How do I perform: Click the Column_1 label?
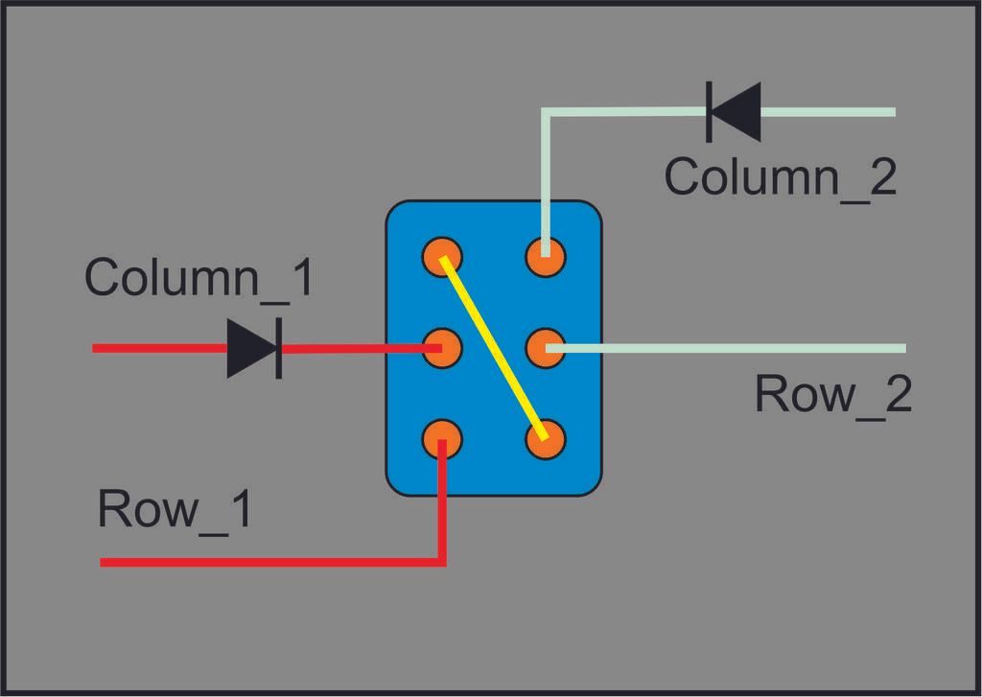click(x=199, y=278)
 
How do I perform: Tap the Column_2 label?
click(x=781, y=177)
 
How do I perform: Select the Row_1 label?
click(x=175, y=509)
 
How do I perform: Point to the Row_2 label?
click(x=832, y=394)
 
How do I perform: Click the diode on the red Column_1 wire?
click(x=254, y=347)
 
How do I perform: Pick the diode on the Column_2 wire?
click(x=735, y=112)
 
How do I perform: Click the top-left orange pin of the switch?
click(x=442, y=257)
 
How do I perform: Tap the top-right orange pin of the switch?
click(x=546, y=257)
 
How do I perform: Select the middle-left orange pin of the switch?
click(x=442, y=347)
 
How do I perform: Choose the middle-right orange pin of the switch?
click(x=546, y=347)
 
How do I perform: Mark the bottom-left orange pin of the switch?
click(x=442, y=438)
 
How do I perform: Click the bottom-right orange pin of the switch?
click(x=546, y=440)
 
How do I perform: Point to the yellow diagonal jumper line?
click(x=494, y=348)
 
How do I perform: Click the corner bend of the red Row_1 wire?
click(x=442, y=562)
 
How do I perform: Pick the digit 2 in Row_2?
click(x=896, y=394)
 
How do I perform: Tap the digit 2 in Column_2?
click(x=880, y=177)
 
